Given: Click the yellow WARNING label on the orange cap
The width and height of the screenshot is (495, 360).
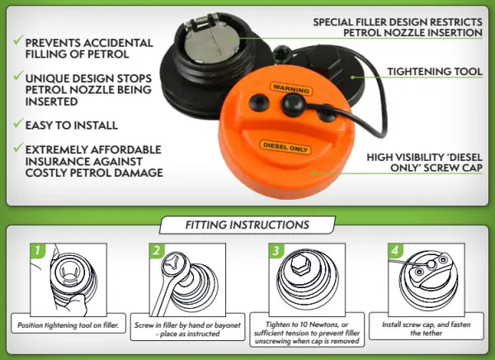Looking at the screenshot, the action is pos(290,88).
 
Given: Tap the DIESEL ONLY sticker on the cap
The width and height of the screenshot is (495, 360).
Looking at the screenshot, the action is pos(285,148).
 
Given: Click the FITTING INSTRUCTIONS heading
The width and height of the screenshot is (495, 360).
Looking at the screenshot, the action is pos(247,225).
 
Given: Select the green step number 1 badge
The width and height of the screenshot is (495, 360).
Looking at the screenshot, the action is pos(38,251).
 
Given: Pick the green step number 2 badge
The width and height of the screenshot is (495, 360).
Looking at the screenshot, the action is pos(157,251).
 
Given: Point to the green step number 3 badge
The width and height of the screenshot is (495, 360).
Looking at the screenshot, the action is pos(276,251).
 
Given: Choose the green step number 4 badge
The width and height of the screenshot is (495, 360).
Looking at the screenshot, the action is pos(395,251).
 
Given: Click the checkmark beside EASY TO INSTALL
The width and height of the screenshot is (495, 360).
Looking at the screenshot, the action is pos(19,123).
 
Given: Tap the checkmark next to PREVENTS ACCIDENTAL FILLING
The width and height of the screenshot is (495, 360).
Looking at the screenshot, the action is pos(19,40).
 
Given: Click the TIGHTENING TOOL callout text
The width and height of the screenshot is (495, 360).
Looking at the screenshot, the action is pos(435,72).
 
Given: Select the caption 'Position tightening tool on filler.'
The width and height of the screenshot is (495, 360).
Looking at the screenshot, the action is pos(68,325).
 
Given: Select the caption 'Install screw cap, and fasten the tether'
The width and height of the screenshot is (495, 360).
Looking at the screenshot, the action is pos(427,329).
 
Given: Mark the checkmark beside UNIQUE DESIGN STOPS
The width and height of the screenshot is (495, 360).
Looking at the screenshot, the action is pos(19,75).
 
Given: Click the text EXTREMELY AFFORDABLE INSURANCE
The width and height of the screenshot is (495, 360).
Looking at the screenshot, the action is pos(93,155).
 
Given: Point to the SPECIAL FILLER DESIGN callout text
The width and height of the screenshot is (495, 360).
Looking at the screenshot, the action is pos(398,27).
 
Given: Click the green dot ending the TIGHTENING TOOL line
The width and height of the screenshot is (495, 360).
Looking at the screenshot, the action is pos(352,77).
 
